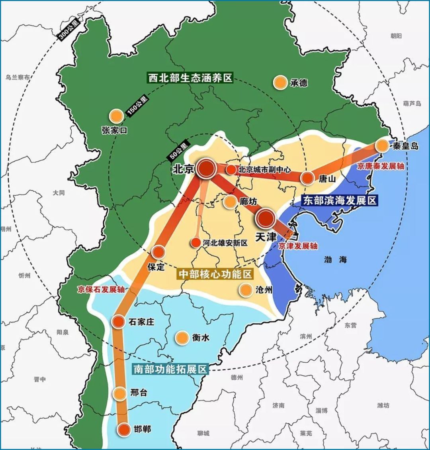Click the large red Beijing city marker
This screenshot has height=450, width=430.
[206, 168]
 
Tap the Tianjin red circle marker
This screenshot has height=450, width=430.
[266, 218]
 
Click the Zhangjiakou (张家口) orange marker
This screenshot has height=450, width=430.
[116, 116]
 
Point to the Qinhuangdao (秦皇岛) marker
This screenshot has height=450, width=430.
[382, 145]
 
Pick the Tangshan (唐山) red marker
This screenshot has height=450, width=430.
[307, 178]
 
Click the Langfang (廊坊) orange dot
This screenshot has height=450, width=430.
[230, 202]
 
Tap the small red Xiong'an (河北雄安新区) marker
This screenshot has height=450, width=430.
[195, 242]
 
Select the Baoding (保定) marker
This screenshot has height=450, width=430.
[158, 252]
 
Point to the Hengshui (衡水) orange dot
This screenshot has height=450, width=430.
[182, 338]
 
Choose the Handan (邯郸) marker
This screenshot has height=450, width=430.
[124, 429]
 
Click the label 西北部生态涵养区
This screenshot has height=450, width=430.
[190, 77]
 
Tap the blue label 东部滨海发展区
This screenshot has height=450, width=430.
[339, 200]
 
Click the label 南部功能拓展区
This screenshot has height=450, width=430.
[170, 369]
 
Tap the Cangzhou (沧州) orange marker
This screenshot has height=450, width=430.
[245, 290]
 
